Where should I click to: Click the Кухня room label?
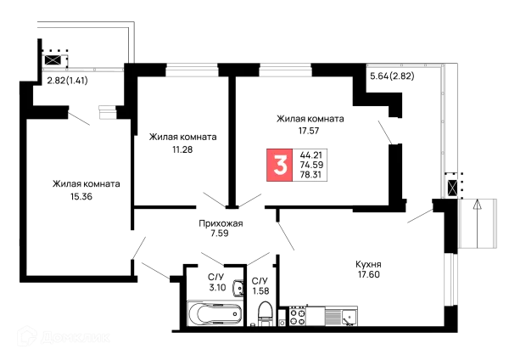pyautogui.click(x=366, y=265)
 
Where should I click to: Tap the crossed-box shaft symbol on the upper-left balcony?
pyautogui.click(x=53, y=60)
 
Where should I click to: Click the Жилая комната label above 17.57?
pyautogui.click(x=308, y=118)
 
